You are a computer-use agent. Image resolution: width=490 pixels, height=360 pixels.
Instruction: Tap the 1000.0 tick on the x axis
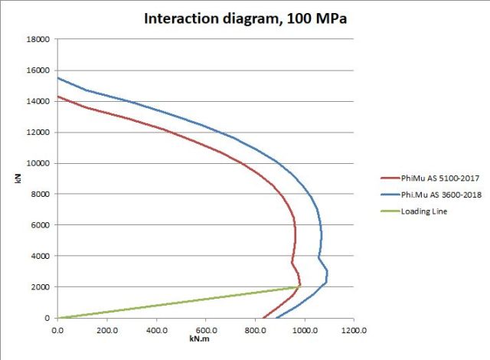point(304,330)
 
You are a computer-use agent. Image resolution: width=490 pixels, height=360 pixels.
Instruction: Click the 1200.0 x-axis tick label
point(354,330)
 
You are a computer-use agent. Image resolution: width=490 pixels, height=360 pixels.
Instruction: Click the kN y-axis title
point(18,178)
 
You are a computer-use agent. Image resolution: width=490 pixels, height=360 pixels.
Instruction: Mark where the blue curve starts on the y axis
point(57,77)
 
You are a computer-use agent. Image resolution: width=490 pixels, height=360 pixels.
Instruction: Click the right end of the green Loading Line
point(299,286)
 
